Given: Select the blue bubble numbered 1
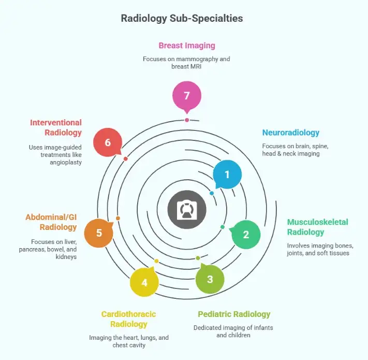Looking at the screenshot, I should [227, 175].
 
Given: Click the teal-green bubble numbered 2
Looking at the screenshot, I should [246, 234].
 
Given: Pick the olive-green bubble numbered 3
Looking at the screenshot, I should [210, 279].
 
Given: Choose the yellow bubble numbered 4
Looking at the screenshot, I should [144, 282].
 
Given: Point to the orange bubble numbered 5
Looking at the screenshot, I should [99, 233].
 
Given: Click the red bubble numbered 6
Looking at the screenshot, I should [108, 142].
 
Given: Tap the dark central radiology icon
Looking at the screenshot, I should [187, 210].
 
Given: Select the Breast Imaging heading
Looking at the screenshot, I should [187, 46].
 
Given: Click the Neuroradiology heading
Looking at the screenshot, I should [290, 133].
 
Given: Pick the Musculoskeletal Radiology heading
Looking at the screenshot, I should [317, 227].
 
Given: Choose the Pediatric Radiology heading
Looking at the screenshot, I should [234, 314].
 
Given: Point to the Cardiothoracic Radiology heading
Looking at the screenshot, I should [128, 319].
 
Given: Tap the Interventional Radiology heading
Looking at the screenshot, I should [55, 127].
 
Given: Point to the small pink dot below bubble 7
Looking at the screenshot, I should [187, 120].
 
